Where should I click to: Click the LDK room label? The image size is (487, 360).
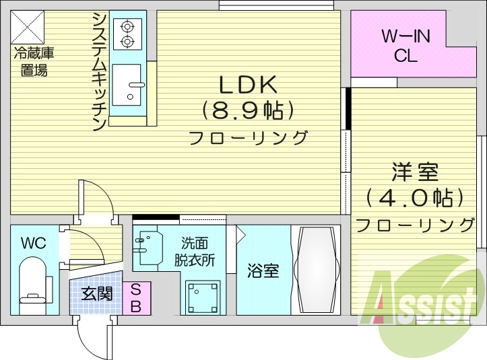point(248,85)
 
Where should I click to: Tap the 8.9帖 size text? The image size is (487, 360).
point(248,111)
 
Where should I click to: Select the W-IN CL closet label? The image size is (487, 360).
point(405,46)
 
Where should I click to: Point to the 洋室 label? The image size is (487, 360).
point(415,172)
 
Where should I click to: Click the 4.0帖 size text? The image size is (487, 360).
point(415,198)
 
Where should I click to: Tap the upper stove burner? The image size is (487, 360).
point(127,27)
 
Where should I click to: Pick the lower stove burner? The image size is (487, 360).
point(127,40)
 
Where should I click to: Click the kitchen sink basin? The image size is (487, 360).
point(127,85)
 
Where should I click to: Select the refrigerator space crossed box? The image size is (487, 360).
point(28,27)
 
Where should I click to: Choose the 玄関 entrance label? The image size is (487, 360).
point(97,293)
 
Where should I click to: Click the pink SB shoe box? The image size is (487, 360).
point(137,298)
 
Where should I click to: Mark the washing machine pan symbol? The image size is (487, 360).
point(203,297)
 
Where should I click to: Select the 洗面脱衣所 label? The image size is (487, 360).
point(195,252)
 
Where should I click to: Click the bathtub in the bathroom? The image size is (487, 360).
point(317,270)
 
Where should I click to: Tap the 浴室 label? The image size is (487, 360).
point(263,271)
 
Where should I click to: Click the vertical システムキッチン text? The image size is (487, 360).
point(100,71)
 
